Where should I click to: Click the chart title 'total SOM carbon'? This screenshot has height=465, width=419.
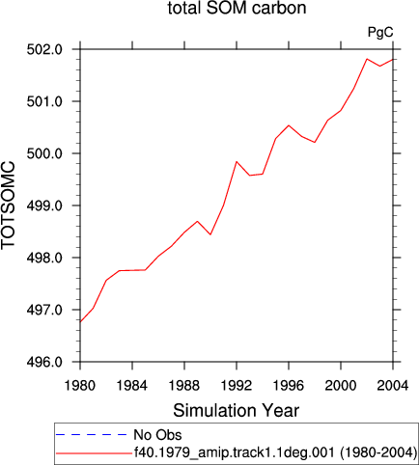click(237, 8)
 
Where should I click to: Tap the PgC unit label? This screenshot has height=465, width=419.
click(380, 33)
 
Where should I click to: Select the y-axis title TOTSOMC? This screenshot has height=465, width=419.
click(8, 205)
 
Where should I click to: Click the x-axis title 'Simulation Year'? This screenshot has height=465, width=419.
click(237, 411)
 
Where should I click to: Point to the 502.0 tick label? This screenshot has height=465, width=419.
click(44, 50)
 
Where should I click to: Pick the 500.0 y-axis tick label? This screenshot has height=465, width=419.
click(44, 153)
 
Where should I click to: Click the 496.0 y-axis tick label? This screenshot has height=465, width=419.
click(44, 363)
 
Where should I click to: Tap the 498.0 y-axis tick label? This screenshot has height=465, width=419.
click(44, 259)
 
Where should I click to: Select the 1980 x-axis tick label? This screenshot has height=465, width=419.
click(80, 385)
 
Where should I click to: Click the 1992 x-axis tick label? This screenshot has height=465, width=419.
click(237, 385)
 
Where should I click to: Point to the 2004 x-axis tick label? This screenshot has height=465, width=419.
click(393, 385)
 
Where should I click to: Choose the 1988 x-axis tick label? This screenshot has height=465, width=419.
click(184, 385)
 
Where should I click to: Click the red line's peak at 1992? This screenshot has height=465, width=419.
click(237, 161)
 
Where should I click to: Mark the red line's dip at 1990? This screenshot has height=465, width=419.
click(210, 234)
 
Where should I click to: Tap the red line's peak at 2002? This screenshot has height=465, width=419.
click(367, 59)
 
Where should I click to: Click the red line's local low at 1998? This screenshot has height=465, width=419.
click(315, 142)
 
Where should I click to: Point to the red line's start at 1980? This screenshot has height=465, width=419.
click(80, 321)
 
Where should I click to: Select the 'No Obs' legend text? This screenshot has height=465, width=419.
click(157, 435)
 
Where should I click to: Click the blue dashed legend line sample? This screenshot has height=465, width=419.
click(92, 435)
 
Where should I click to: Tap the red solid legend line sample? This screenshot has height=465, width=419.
click(94, 453)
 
